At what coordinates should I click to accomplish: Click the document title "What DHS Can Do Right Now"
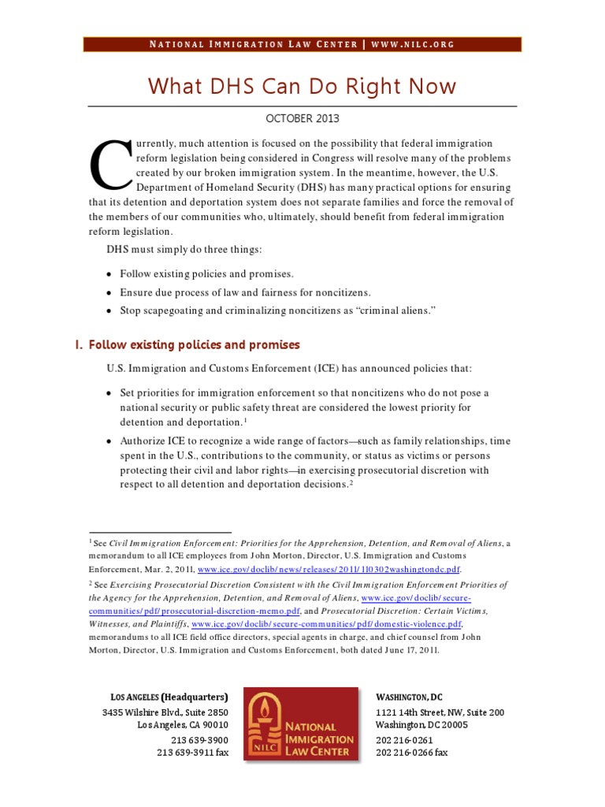(x=302, y=85)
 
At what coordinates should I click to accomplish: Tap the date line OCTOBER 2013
(x=302, y=119)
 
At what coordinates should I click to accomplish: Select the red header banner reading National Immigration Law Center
(x=302, y=44)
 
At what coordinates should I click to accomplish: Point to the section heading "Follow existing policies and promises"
(x=194, y=345)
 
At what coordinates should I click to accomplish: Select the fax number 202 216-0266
(x=411, y=753)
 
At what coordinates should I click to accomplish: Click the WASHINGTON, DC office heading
(x=409, y=697)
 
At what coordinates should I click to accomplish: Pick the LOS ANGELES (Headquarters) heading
(x=169, y=697)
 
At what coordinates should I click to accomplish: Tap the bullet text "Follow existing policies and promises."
(x=206, y=273)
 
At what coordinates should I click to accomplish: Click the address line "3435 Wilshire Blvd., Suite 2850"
(x=165, y=712)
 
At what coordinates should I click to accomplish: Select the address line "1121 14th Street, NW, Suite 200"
(x=440, y=712)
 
